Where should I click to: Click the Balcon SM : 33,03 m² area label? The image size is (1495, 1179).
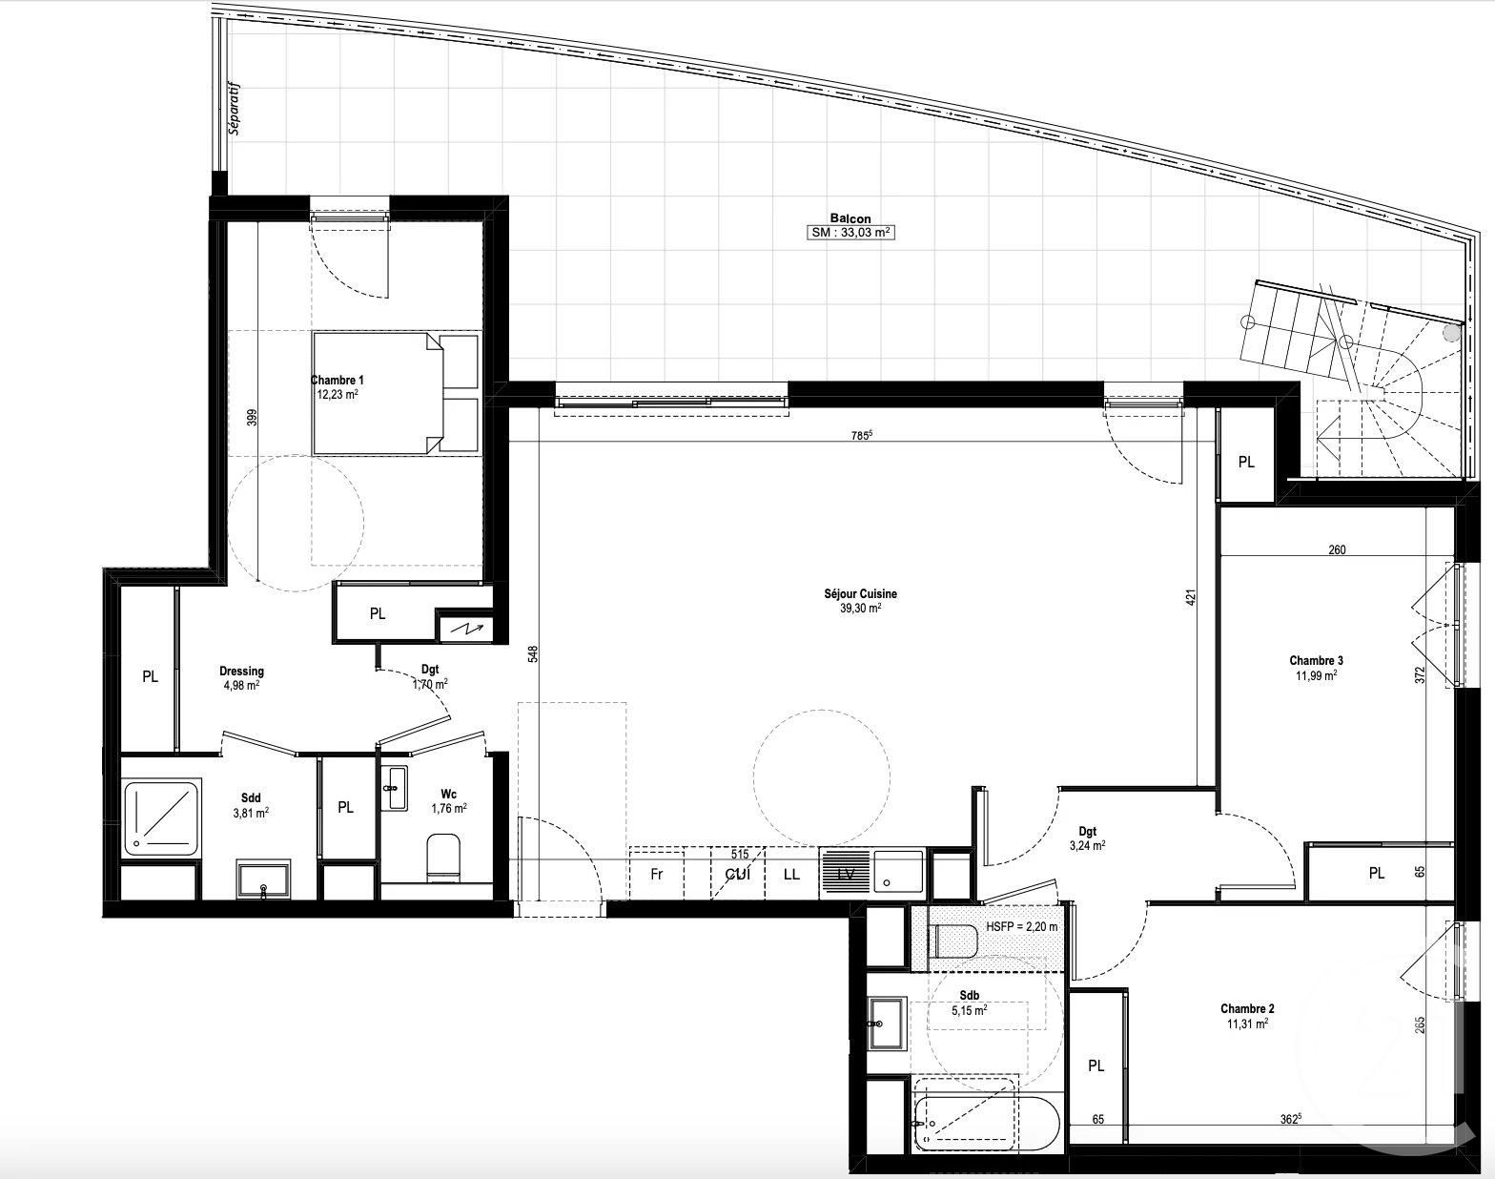[x=850, y=226]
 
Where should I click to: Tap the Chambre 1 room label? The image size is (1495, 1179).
[x=337, y=386]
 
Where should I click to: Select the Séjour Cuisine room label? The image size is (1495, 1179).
[x=860, y=600]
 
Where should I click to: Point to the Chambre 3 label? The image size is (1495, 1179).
[x=1316, y=667]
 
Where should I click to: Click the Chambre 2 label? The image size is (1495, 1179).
[x=1247, y=1016]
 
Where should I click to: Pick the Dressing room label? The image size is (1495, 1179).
[x=240, y=677]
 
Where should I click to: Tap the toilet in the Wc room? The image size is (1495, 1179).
[x=443, y=855]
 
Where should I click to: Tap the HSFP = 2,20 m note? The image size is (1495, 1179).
[x=1020, y=926]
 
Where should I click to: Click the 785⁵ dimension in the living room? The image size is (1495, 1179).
[x=861, y=435]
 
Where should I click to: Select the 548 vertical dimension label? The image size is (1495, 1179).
[x=533, y=654]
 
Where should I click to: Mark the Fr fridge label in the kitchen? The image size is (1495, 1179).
[x=656, y=874]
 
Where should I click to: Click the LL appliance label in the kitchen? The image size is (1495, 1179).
[x=791, y=874]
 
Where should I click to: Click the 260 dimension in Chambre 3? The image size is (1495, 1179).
[x=1337, y=549]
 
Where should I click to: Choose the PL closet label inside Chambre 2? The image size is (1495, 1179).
[x=1096, y=1065]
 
